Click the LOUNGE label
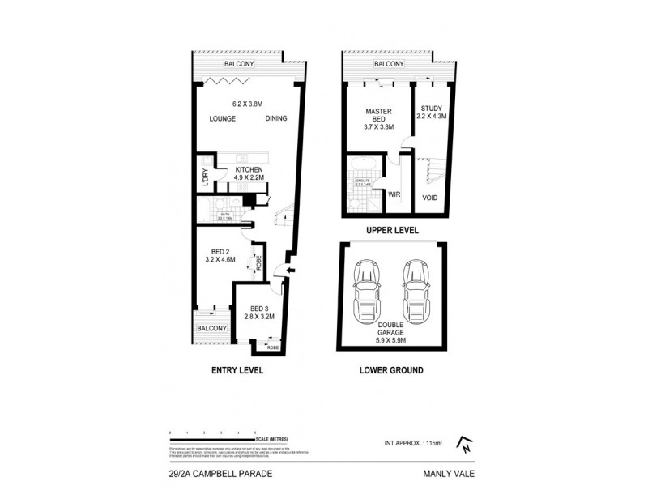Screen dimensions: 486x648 pos(222,119)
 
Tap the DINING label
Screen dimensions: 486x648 pos(276,119)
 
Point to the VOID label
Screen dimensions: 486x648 pos(431,198)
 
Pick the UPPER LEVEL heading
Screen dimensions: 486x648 pos(392,230)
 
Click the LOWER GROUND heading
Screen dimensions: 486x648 pos(391,370)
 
